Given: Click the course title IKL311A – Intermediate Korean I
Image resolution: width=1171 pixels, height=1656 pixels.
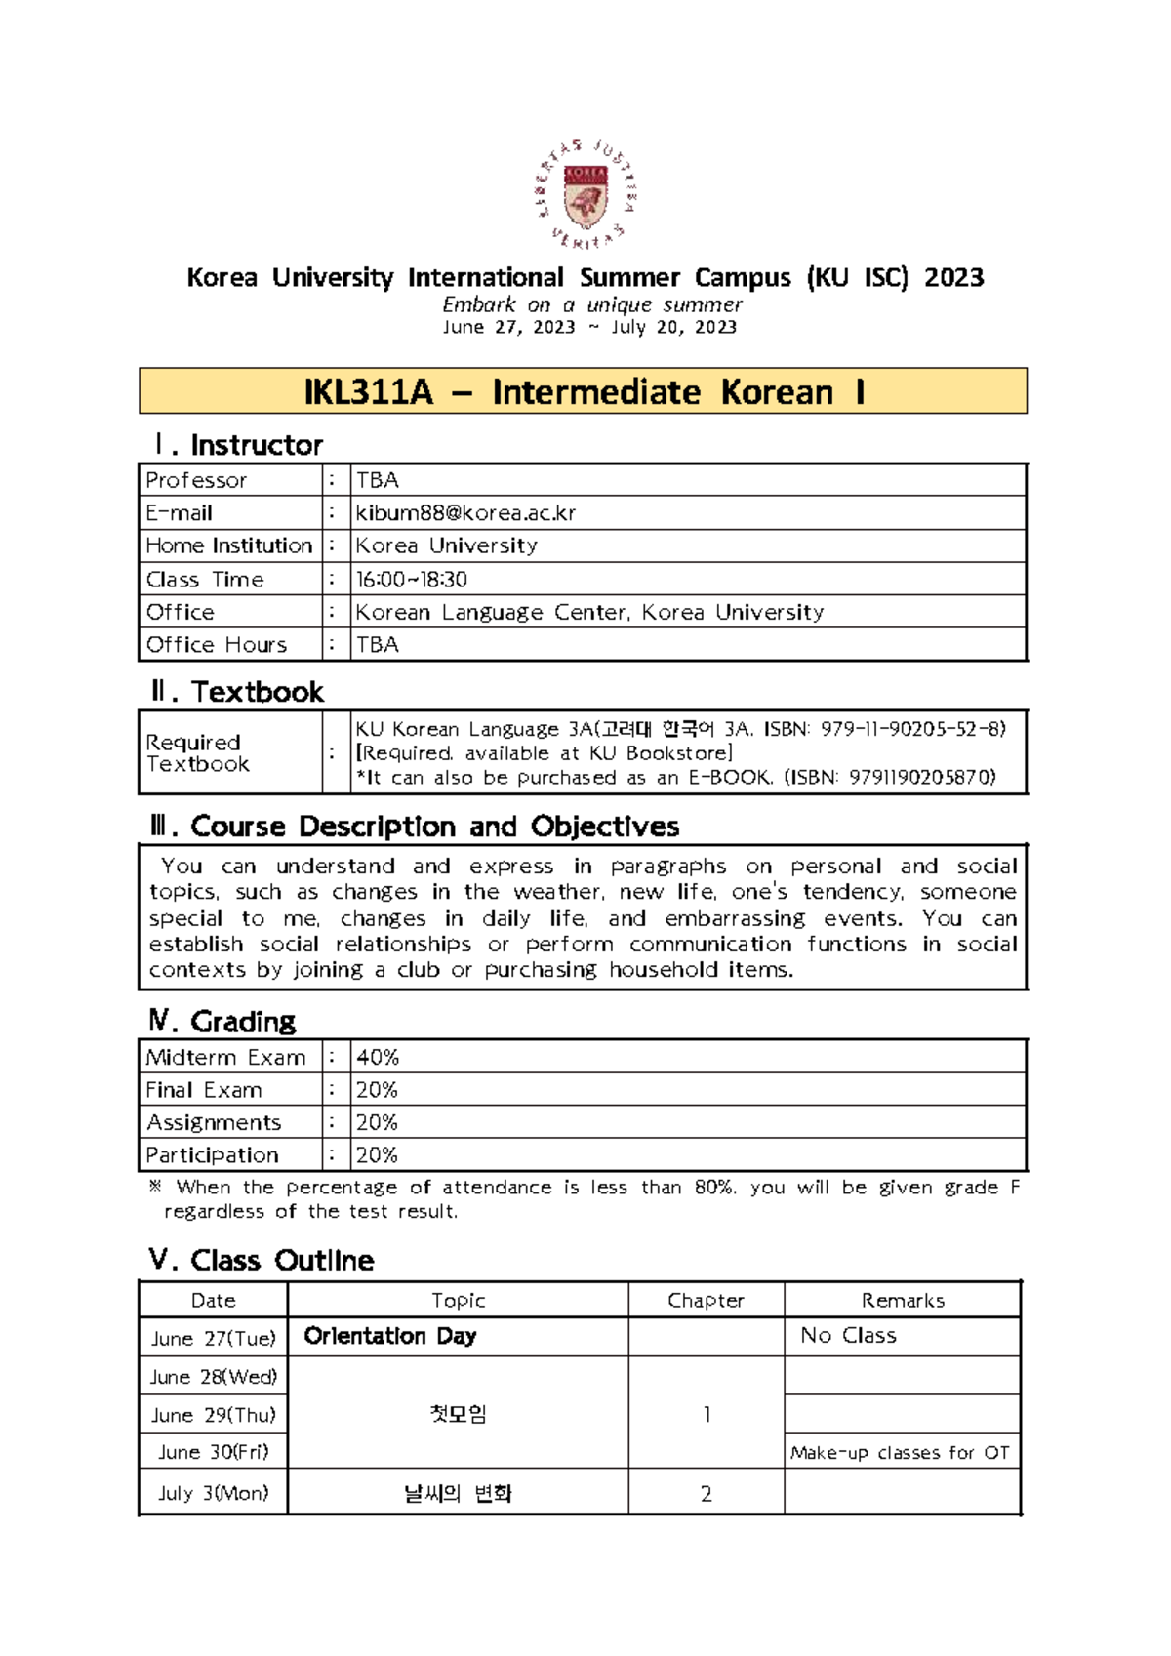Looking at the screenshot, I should point(584,392).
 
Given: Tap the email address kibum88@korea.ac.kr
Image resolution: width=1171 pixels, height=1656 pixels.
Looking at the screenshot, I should point(465,513).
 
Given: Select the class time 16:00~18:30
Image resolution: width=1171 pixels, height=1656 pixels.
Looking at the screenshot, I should point(411,580).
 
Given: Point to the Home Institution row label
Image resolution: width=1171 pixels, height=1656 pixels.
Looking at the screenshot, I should point(228,545).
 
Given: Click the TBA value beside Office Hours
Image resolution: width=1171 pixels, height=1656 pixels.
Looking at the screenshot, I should point(378,645).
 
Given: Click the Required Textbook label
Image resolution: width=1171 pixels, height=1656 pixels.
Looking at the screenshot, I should point(198,753).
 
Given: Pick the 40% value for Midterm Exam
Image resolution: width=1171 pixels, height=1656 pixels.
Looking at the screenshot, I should point(378,1058).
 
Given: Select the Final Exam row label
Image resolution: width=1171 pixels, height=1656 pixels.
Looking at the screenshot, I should point(204,1090).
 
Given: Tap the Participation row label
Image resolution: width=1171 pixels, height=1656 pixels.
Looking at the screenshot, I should point(212,1155).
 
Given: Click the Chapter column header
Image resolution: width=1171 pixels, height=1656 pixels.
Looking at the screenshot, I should point(706,1301).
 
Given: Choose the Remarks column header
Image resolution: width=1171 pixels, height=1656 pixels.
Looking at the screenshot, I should point(903,1301).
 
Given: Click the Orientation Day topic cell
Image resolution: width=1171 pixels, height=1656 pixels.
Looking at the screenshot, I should point(390,1336).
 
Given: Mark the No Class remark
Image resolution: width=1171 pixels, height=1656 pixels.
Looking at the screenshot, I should point(848,1336).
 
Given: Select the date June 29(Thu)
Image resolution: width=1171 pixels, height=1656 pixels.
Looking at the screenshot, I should point(214,1415).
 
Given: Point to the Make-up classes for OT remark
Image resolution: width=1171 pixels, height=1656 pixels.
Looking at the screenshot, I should point(900,1453).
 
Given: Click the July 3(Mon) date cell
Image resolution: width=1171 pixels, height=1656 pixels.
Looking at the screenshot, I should point(214,1494).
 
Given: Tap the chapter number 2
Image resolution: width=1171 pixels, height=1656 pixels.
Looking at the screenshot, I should point(707,1494).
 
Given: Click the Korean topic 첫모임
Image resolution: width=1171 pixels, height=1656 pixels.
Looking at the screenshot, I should point(458,1414).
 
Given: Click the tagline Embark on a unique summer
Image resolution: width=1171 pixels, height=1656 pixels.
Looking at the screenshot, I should point(591,304).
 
